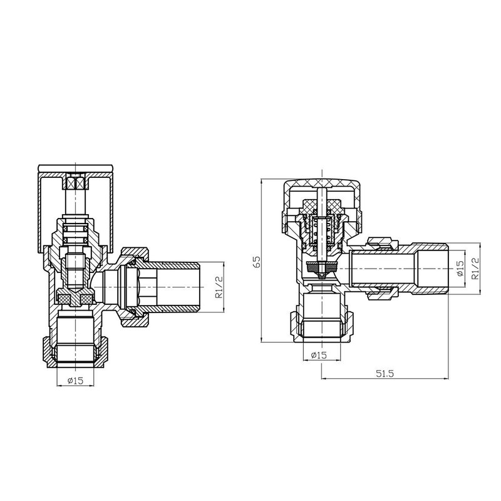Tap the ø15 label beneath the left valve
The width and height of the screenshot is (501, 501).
click(x=75, y=381)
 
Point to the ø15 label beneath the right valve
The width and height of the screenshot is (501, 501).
click(x=319, y=356)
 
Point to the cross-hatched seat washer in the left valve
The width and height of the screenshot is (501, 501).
click(x=75, y=298)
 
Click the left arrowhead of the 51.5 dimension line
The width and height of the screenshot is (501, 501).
click(x=323, y=379)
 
